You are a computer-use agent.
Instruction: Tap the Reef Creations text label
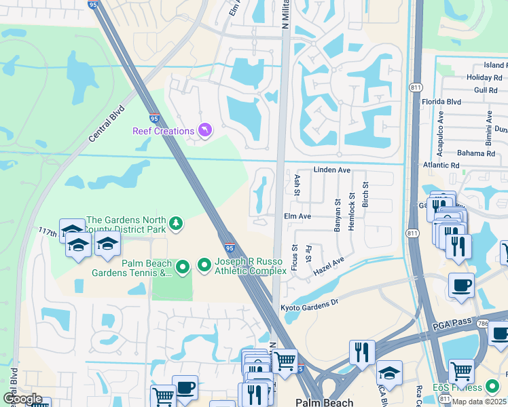coord(163,130)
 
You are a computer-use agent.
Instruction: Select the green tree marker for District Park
coord(176,223)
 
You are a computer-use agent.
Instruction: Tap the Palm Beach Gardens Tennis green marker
coord(182,268)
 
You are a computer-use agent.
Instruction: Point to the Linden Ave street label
coord(331,170)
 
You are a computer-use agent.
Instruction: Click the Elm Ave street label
coord(297,216)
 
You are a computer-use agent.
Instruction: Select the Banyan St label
coord(338,215)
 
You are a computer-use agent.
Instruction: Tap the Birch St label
coord(365,195)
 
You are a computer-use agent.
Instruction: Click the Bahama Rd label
coord(476,153)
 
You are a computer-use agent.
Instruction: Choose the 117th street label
coord(49,231)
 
